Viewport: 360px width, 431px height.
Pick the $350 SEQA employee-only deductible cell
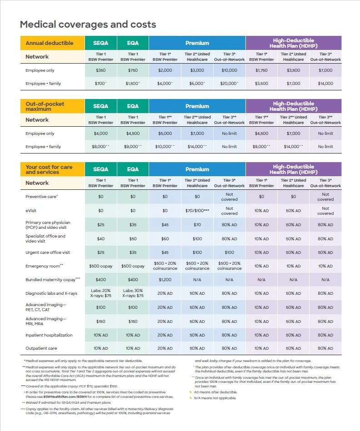click(100, 70)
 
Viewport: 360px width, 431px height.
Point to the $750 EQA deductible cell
click(132, 70)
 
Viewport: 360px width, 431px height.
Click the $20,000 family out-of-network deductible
click(229, 84)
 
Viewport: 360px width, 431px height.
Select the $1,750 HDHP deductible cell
click(261, 70)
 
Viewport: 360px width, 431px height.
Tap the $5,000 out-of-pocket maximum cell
click(165, 134)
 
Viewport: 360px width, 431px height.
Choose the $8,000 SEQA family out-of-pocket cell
click(100, 147)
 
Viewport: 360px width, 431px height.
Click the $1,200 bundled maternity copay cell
click(165, 280)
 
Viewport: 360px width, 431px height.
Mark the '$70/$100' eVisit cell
click(197, 211)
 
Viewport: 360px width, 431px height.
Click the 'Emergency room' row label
click(44, 266)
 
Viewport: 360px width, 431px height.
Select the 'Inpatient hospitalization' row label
click(49, 335)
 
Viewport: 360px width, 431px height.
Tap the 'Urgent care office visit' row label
click(48, 253)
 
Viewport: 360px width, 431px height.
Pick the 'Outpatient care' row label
click(41, 348)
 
